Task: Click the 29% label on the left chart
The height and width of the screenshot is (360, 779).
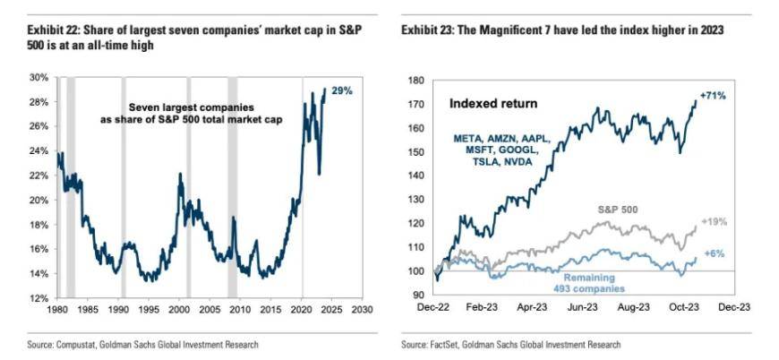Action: tap(342, 91)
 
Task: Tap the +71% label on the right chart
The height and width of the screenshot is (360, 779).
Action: tap(713, 93)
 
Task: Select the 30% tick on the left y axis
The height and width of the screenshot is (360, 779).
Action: tap(39, 78)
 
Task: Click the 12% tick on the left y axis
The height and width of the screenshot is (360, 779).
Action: tap(39, 297)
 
